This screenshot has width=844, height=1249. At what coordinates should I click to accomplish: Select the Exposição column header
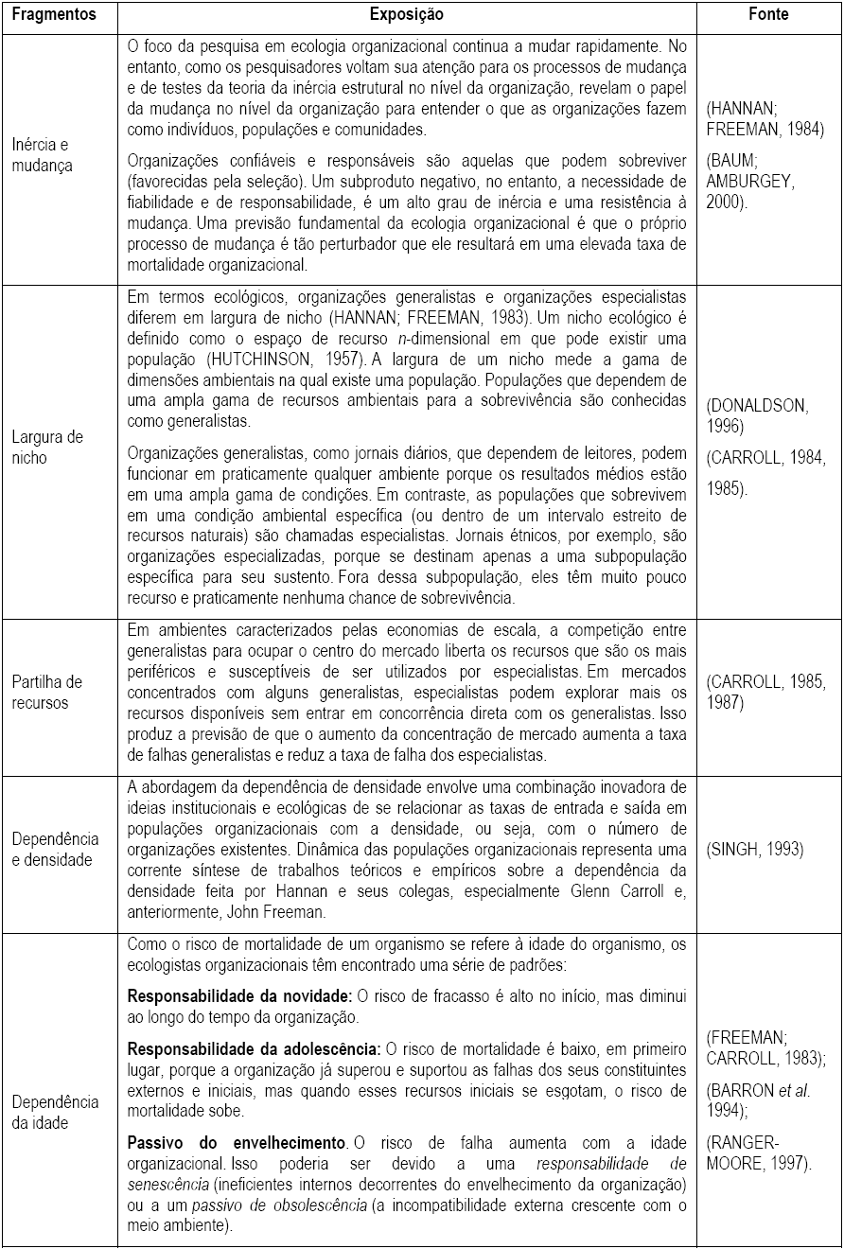[407, 15]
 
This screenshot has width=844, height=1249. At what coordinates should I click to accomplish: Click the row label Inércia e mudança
[43, 154]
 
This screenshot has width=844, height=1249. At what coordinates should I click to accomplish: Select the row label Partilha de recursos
[47, 692]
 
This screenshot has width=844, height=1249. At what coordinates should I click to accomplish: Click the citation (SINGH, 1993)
[755, 849]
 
